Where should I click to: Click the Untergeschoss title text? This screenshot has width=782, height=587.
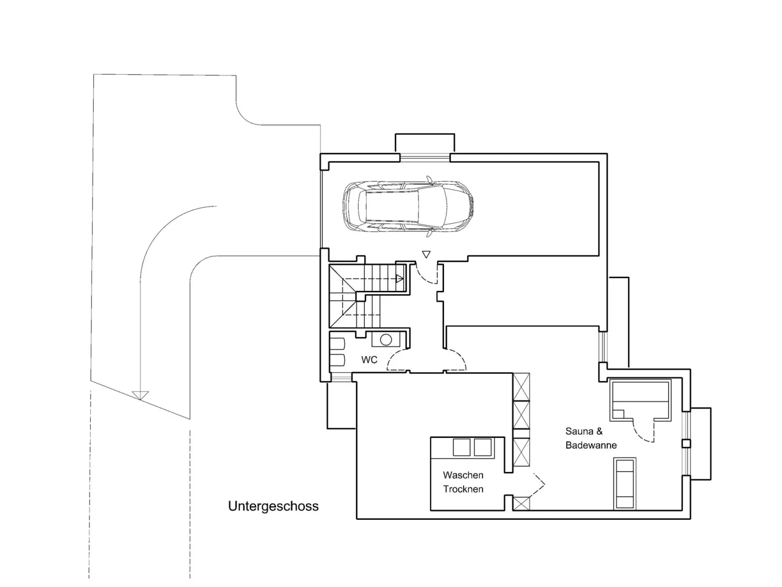coord(273,506)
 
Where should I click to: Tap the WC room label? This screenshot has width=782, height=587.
coord(369,360)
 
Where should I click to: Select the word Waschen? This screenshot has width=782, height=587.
coord(463,475)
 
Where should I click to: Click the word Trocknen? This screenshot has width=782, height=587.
coord(463,489)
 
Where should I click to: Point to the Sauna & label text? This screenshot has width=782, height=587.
coord(584,431)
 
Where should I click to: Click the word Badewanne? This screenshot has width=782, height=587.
coord(591,445)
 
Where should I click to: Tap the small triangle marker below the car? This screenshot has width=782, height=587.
coord(427,254)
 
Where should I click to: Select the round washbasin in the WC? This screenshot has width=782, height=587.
coord(386,340)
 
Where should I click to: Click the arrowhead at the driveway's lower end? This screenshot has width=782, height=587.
coord(140,395)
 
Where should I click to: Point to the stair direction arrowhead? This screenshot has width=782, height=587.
coord(400,279)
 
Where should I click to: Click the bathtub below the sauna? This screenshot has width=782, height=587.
coord(625,483)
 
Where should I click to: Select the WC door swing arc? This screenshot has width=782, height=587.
coord(395,359)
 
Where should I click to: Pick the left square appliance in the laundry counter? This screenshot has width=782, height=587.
coord(462,447)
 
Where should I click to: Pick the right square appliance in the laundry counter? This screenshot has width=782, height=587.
coord(483,447)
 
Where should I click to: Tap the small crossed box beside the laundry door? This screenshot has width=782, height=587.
coord(521,503)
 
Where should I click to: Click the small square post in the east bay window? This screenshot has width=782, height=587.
coord(686,444)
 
